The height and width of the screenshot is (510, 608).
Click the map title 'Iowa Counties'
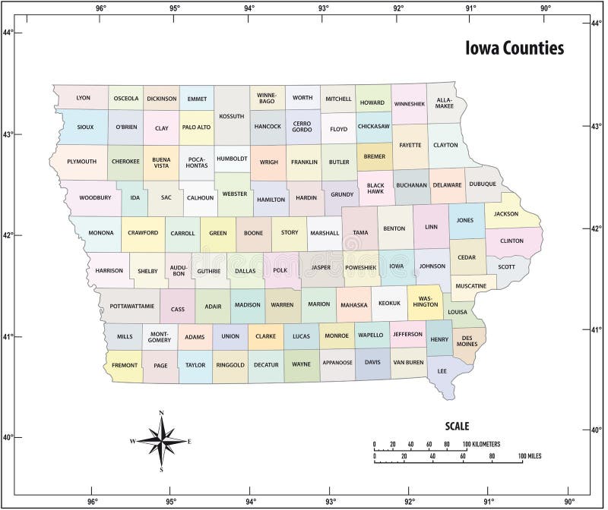(x=515, y=49)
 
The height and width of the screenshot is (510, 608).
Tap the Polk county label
(x=280, y=269)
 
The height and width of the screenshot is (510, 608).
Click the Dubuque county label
(x=482, y=184)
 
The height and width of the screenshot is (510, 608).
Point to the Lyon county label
(x=83, y=98)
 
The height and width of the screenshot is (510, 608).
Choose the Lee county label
(x=442, y=371)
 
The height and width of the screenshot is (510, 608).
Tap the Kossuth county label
(x=231, y=116)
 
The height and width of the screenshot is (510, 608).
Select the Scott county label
(x=506, y=266)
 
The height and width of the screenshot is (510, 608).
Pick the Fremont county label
(x=124, y=365)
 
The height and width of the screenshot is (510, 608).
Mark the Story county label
(x=290, y=232)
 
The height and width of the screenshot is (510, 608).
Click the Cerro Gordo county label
(x=302, y=126)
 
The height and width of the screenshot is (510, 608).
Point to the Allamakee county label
(x=445, y=102)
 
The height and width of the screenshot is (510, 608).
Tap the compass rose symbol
(x=161, y=441)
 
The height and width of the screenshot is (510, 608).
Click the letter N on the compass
(x=161, y=414)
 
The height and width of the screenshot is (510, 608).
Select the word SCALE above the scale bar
(x=457, y=427)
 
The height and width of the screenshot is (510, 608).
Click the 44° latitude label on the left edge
(x=8, y=33)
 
